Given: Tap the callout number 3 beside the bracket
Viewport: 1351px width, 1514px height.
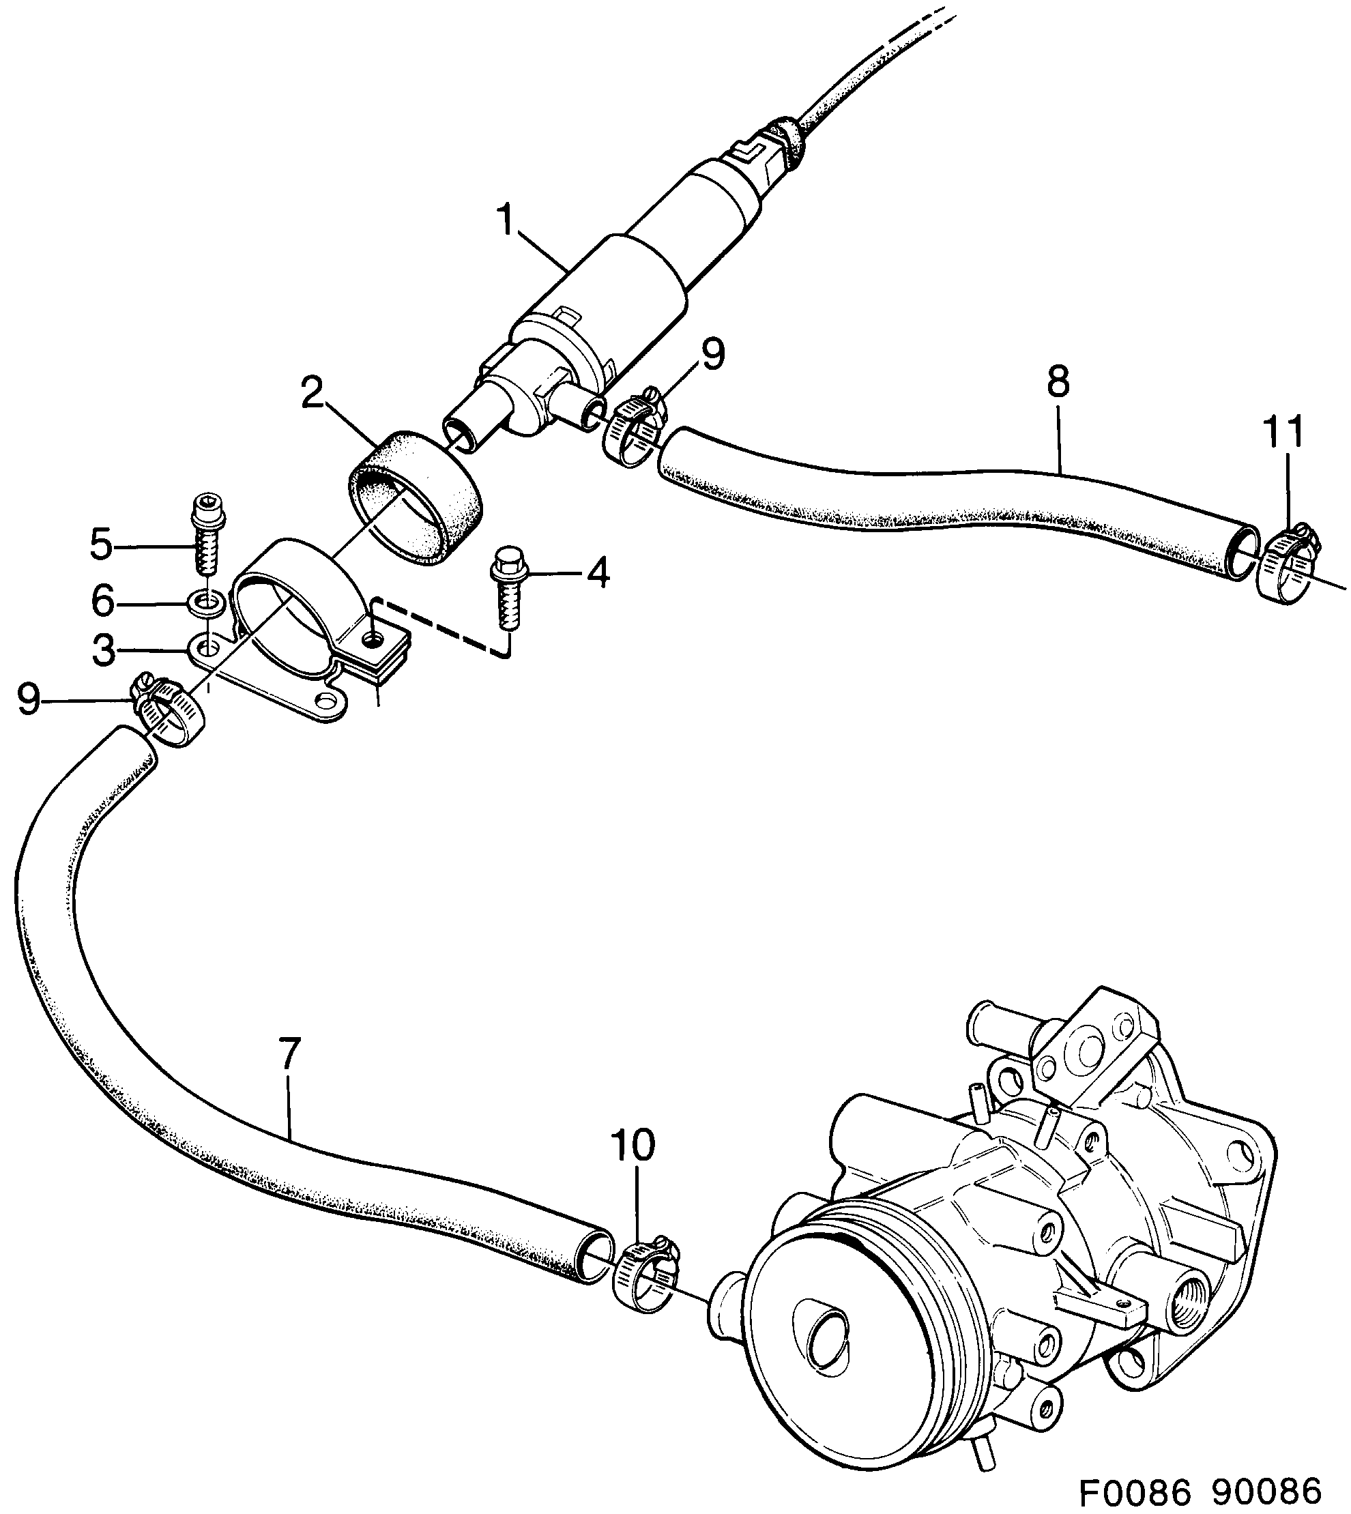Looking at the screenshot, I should click(x=103, y=651).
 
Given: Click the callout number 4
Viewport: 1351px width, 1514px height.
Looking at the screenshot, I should click(x=598, y=573).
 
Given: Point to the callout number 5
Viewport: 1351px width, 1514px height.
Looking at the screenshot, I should click(x=101, y=545).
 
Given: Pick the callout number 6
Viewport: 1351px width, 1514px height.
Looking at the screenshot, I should click(x=102, y=600).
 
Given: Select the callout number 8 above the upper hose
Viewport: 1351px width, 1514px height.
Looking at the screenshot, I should click(x=1058, y=382).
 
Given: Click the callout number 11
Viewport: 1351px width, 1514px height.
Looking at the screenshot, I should click(x=1284, y=434).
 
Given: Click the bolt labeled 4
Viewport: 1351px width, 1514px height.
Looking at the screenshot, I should click(x=506, y=594).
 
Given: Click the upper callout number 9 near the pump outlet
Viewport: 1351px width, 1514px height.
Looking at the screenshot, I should click(x=711, y=355).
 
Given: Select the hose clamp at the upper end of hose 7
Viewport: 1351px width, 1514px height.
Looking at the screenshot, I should click(x=171, y=710).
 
